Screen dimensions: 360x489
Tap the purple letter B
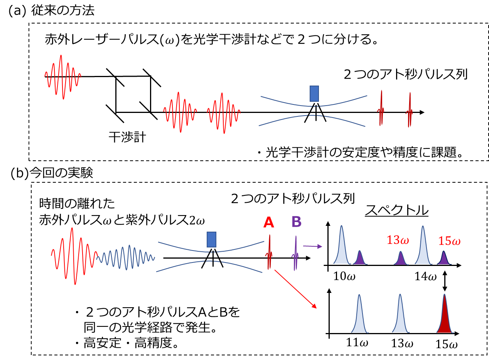(296, 222)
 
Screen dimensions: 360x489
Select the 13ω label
(398, 240)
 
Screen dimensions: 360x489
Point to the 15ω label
(449, 241)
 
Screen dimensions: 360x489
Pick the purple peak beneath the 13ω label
(401, 259)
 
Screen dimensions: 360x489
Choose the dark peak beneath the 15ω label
(444, 259)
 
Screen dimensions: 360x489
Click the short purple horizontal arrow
(312, 246)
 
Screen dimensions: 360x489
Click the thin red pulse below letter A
(269, 253)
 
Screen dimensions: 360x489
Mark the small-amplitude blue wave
(126, 255)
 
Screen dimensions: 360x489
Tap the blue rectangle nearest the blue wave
(211, 239)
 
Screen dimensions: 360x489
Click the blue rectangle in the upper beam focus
(314, 94)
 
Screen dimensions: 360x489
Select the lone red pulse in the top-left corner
(62, 77)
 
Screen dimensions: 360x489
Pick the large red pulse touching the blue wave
(73, 256)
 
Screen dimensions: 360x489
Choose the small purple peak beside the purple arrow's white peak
(360, 258)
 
